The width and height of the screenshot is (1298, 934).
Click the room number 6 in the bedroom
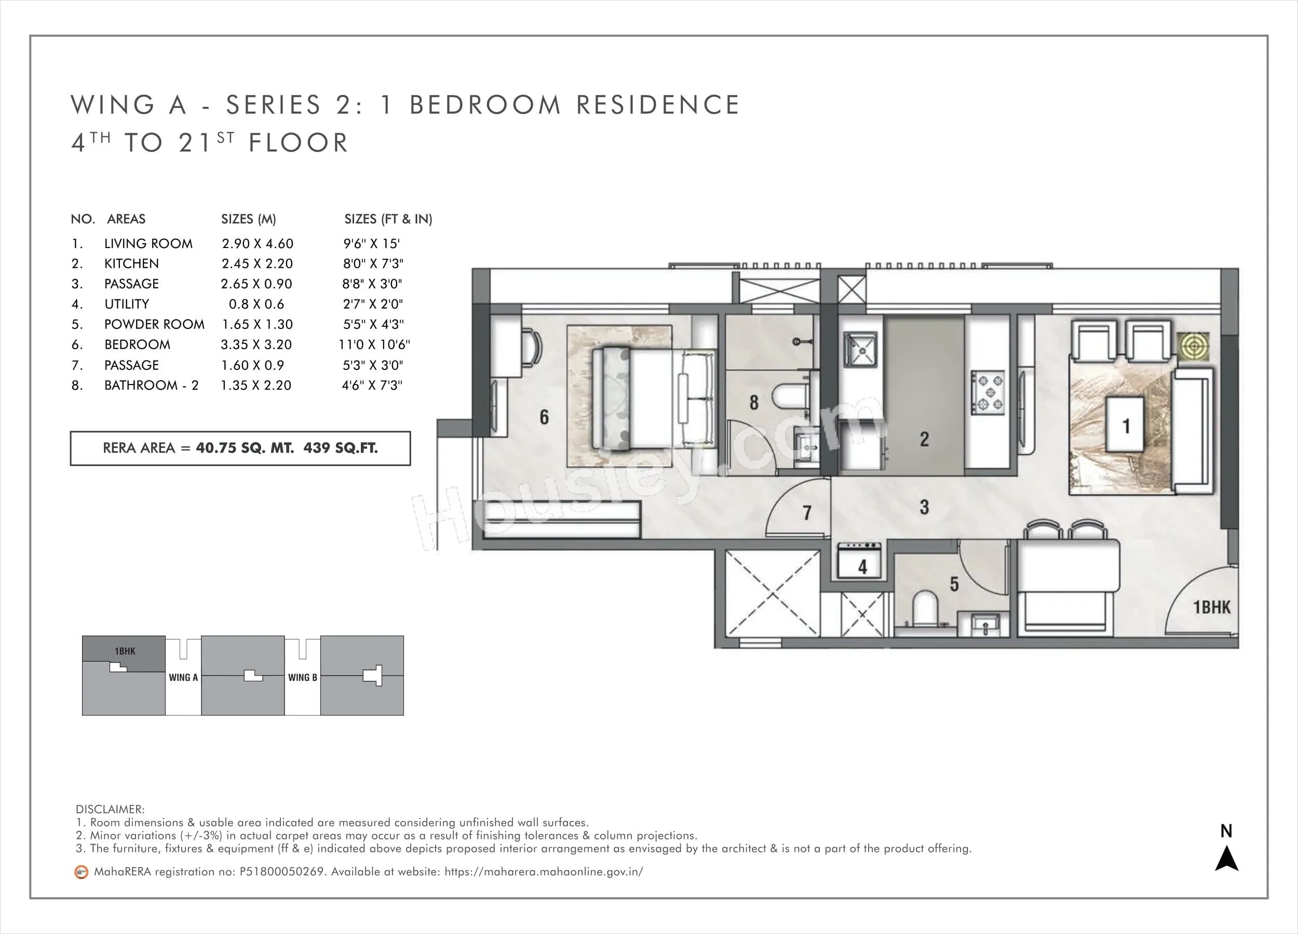[x=544, y=417]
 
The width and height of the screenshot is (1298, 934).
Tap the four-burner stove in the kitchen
[x=987, y=392]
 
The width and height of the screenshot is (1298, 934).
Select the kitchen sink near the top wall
[x=860, y=349]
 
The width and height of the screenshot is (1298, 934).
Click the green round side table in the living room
[x=1193, y=346]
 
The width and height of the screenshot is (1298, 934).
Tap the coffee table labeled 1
[x=1125, y=425]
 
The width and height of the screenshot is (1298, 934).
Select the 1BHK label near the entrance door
[x=1211, y=607]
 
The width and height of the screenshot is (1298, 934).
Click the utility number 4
[x=862, y=567]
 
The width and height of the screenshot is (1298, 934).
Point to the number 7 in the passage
[x=807, y=513]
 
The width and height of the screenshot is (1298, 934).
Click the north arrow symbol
[x=1226, y=859]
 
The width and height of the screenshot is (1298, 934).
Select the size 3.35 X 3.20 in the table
[x=256, y=345]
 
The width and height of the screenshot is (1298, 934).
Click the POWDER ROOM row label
[x=154, y=324]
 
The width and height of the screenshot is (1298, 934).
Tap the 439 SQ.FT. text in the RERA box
[x=341, y=448]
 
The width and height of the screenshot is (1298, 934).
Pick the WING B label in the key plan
[x=302, y=677]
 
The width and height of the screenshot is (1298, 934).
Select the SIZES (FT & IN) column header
[x=388, y=219]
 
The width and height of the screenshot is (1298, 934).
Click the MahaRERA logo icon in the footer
[x=82, y=872]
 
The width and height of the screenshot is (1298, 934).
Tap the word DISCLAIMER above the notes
[x=110, y=809]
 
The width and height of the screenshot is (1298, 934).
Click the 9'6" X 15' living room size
[x=371, y=244]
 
